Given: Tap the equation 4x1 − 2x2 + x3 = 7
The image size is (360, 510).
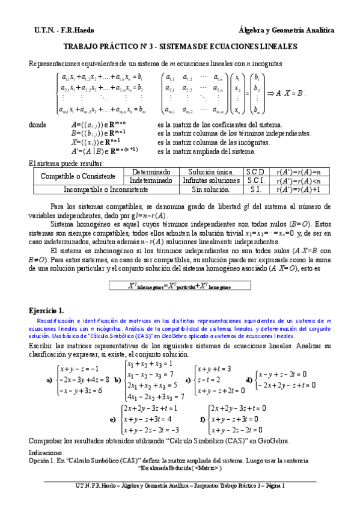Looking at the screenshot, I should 155,396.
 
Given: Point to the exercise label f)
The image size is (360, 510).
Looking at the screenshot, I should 202,419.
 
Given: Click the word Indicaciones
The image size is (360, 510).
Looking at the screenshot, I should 47,450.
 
